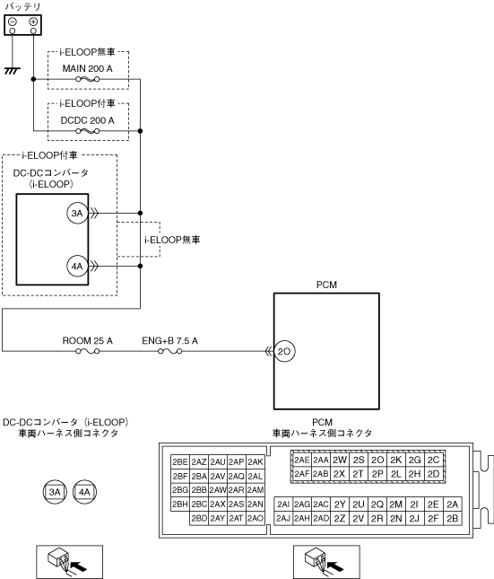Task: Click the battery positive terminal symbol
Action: click(33, 22)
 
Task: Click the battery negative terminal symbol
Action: click(13, 22)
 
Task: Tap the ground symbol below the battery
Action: click(13, 71)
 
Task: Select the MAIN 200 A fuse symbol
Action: click(88, 79)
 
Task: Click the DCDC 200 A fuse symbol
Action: click(88, 131)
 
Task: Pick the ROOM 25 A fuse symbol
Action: click(88, 351)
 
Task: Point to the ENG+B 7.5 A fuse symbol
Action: click(170, 351)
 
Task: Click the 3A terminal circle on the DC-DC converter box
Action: click(77, 213)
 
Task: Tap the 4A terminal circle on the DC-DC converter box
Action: click(77, 266)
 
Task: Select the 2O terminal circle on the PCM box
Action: click(284, 351)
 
